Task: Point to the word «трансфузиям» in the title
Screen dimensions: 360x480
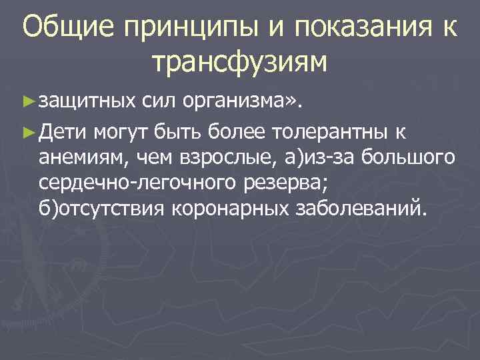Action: tap(240, 63)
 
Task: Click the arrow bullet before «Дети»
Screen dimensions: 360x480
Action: tap(27, 131)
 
